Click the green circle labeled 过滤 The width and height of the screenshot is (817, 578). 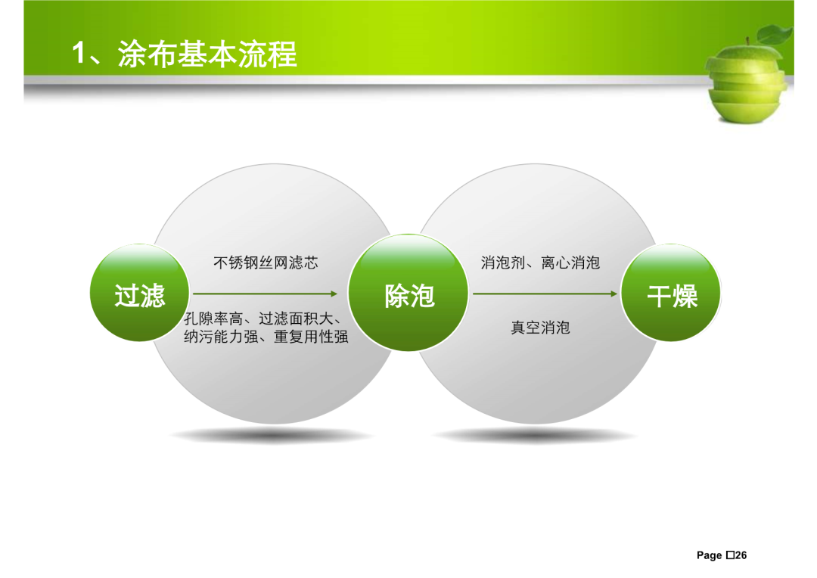[x=140, y=293]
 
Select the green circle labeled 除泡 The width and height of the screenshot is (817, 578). [x=408, y=293]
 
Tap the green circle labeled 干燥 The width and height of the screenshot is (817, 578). [x=671, y=293]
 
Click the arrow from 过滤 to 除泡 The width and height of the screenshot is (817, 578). [x=266, y=294]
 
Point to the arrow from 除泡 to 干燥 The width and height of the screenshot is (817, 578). [x=545, y=294]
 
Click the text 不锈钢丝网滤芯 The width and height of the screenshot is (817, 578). [x=266, y=263]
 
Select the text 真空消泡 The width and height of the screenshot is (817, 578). [x=540, y=328]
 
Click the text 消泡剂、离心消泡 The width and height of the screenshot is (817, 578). [x=540, y=263]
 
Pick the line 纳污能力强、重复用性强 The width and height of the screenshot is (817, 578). [x=266, y=337]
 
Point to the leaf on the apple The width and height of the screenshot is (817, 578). [x=775, y=35]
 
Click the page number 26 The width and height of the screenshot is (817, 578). [x=741, y=555]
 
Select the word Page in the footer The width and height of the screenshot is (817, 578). [x=709, y=555]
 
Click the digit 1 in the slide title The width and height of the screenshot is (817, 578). [x=78, y=54]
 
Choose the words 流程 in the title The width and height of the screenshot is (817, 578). [x=268, y=54]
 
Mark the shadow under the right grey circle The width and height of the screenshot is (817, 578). [x=535, y=435]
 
